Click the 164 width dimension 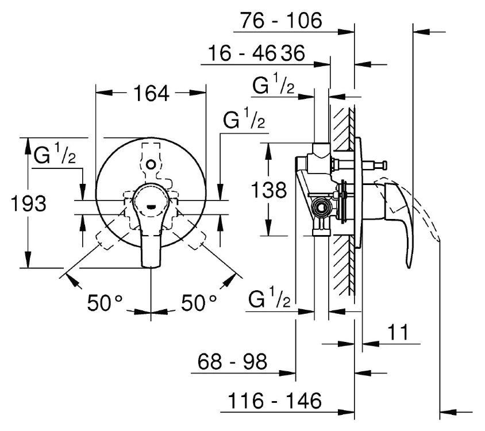click(x=151, y=93)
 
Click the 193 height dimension click(x=29, y=203)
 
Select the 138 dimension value click(x=269, y=190)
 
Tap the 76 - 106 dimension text click(x=281, y=21)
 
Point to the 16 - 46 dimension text click(x=241, y=53)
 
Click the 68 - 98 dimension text click(x=232, y=361)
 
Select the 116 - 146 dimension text click(x=275, y=401)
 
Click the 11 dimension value click(x=398, y=332)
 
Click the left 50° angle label click(x=105, y=303)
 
